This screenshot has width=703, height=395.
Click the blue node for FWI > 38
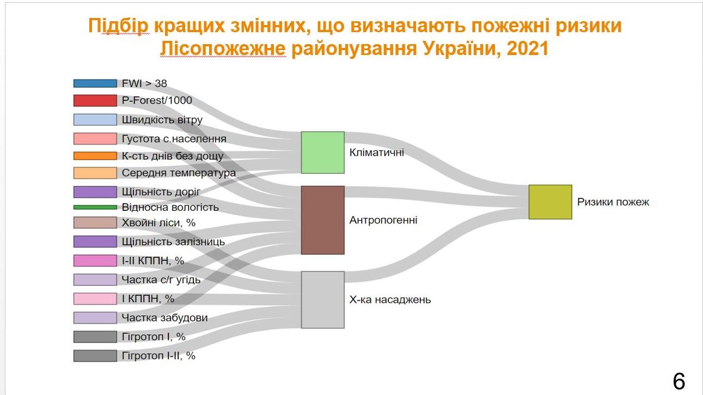coord(95,83)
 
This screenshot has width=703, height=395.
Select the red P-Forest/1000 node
coord(95,100)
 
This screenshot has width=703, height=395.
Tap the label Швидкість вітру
coord(162,120)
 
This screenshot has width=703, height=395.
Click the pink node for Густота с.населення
coord(95,139)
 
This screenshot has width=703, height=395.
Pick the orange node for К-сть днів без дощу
coord(95,156)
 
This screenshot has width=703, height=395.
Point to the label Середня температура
coord(179,173)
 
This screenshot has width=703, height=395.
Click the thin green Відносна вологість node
coord(95,207)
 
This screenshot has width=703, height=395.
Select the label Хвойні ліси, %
coord(158,223)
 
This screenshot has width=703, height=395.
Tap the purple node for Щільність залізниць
coord(95,241)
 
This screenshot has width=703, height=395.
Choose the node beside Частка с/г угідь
coord(95,279)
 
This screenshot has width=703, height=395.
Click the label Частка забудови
coord(164,318)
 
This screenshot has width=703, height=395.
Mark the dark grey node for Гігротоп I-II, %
coord(95,356)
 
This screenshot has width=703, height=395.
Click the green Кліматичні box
coord(322,153)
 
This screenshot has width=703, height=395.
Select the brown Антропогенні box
coord(322,220)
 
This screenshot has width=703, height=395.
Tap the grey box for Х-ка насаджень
coord(322,300)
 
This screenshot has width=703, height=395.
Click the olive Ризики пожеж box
coord(550,202)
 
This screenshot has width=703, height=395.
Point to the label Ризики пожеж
coord(613,202)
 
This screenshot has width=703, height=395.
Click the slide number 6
coord(679,381)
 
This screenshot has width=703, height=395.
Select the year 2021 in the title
coord(527,48)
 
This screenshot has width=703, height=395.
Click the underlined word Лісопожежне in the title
coord(223,49)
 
